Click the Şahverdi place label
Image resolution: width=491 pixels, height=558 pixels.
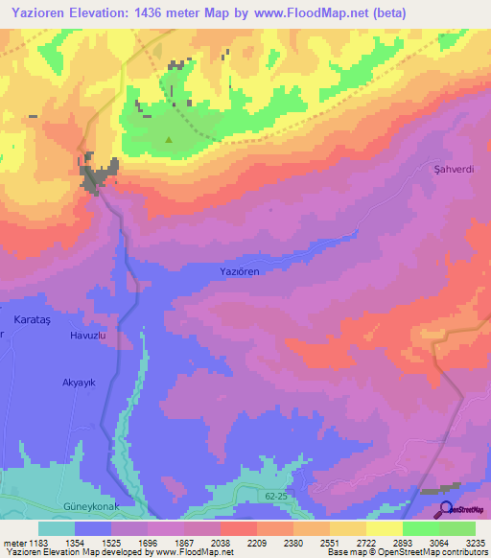pos(455,169)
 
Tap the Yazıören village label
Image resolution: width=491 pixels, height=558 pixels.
pos(241,272)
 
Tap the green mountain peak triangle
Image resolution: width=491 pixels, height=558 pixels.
pos(169,139)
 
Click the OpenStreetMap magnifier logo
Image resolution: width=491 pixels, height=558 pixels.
pos(445,509)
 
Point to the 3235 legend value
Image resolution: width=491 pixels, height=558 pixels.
pos(475,543)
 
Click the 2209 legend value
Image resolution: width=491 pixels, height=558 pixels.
pos(256,543)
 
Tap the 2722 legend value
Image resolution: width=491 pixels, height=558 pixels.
pos(365,543)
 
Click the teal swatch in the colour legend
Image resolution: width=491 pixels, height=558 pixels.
pos(57,528)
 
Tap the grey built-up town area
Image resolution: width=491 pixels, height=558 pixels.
pos(96,175)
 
